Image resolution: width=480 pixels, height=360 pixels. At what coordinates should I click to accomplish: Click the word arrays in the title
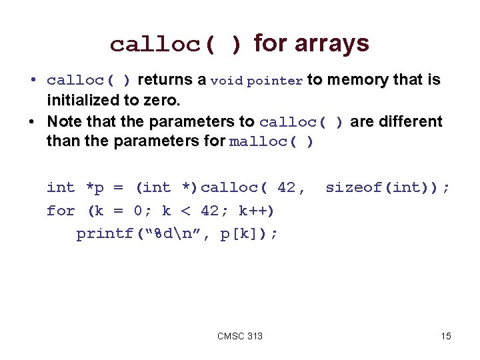click(x=331, y=44)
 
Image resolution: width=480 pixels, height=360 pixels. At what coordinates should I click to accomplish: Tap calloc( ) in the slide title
click(x=176, y=45)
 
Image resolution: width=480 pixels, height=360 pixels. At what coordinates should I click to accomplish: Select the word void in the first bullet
click(x=227, y=81)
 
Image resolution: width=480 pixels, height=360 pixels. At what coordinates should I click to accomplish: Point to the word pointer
click(x=275, y=81)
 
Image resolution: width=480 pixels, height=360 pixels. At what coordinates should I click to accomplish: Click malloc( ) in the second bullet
click(x=271, y=143)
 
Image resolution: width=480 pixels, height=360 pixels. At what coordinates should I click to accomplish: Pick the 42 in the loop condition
click(x=209, y=211)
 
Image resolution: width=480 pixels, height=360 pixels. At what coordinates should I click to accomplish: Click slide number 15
click(x=446, y=336)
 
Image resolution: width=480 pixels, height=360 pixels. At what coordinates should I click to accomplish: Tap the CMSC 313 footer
click(x=240, y=336)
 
